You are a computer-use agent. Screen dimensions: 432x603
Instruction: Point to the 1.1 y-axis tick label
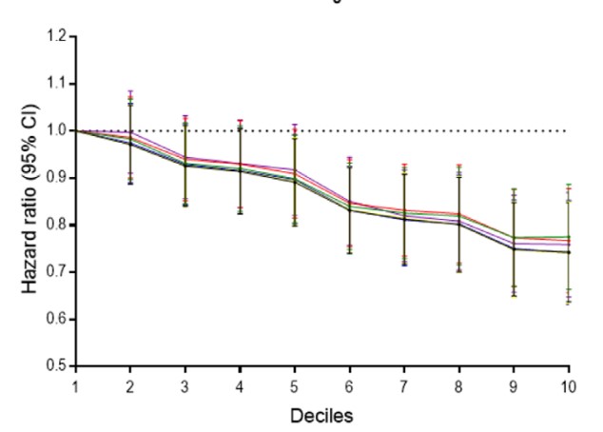pyautogui.click(x=57, y=84)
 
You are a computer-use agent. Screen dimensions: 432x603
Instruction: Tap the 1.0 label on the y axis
pyautogui.click(x=57, y=131)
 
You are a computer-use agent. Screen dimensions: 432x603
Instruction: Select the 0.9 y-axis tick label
pyautogui.click(x=57, y=178)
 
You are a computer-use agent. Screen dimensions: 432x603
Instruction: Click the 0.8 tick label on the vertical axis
pyautogui.click(x=57, y=226)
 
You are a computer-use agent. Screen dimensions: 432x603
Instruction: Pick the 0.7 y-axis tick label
pyautogui.click(x=57, y=272)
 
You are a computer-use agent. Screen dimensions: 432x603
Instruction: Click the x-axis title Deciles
pyautogui.click(x=322, y=416)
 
